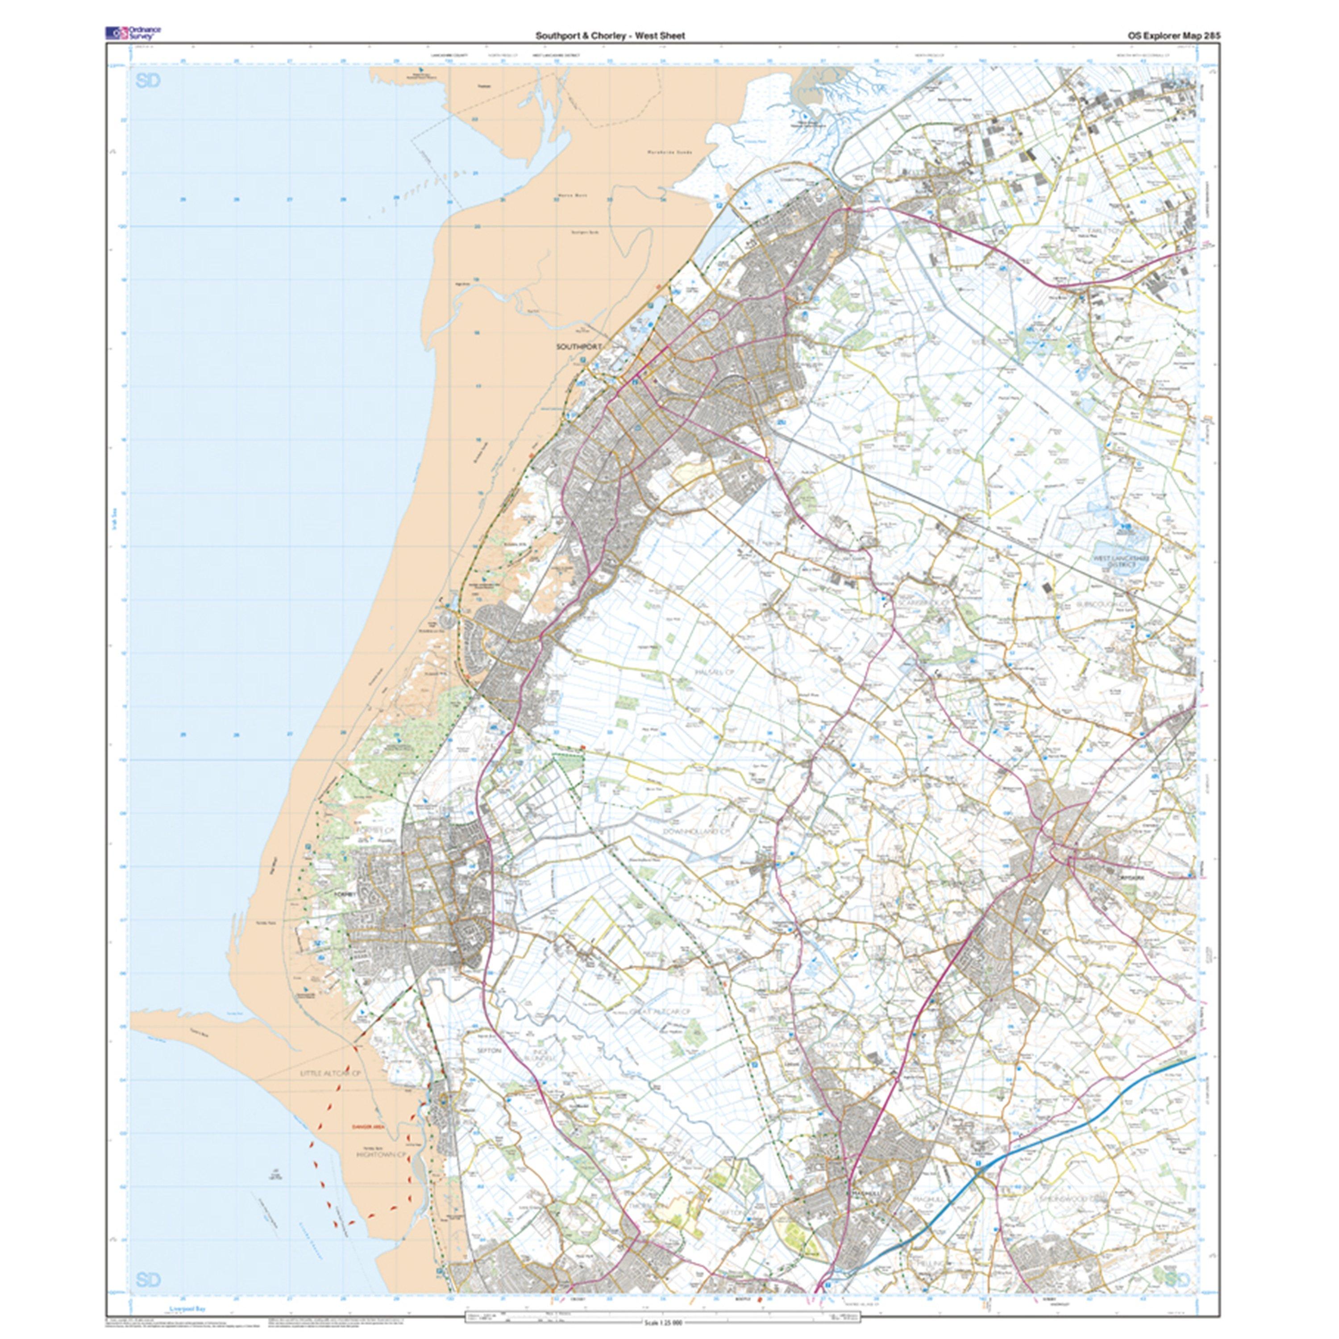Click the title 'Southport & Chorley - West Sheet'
pyautogui.click(x=609, y=35)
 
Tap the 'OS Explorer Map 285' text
pyautogui.click(x=1173, y=35)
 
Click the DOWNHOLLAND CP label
pyautogui.click(x=698, y=831)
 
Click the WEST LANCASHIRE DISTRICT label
pyautogui.click(x=1121, y=561)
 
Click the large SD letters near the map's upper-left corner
pyautogui.click(x=148, y=81)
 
